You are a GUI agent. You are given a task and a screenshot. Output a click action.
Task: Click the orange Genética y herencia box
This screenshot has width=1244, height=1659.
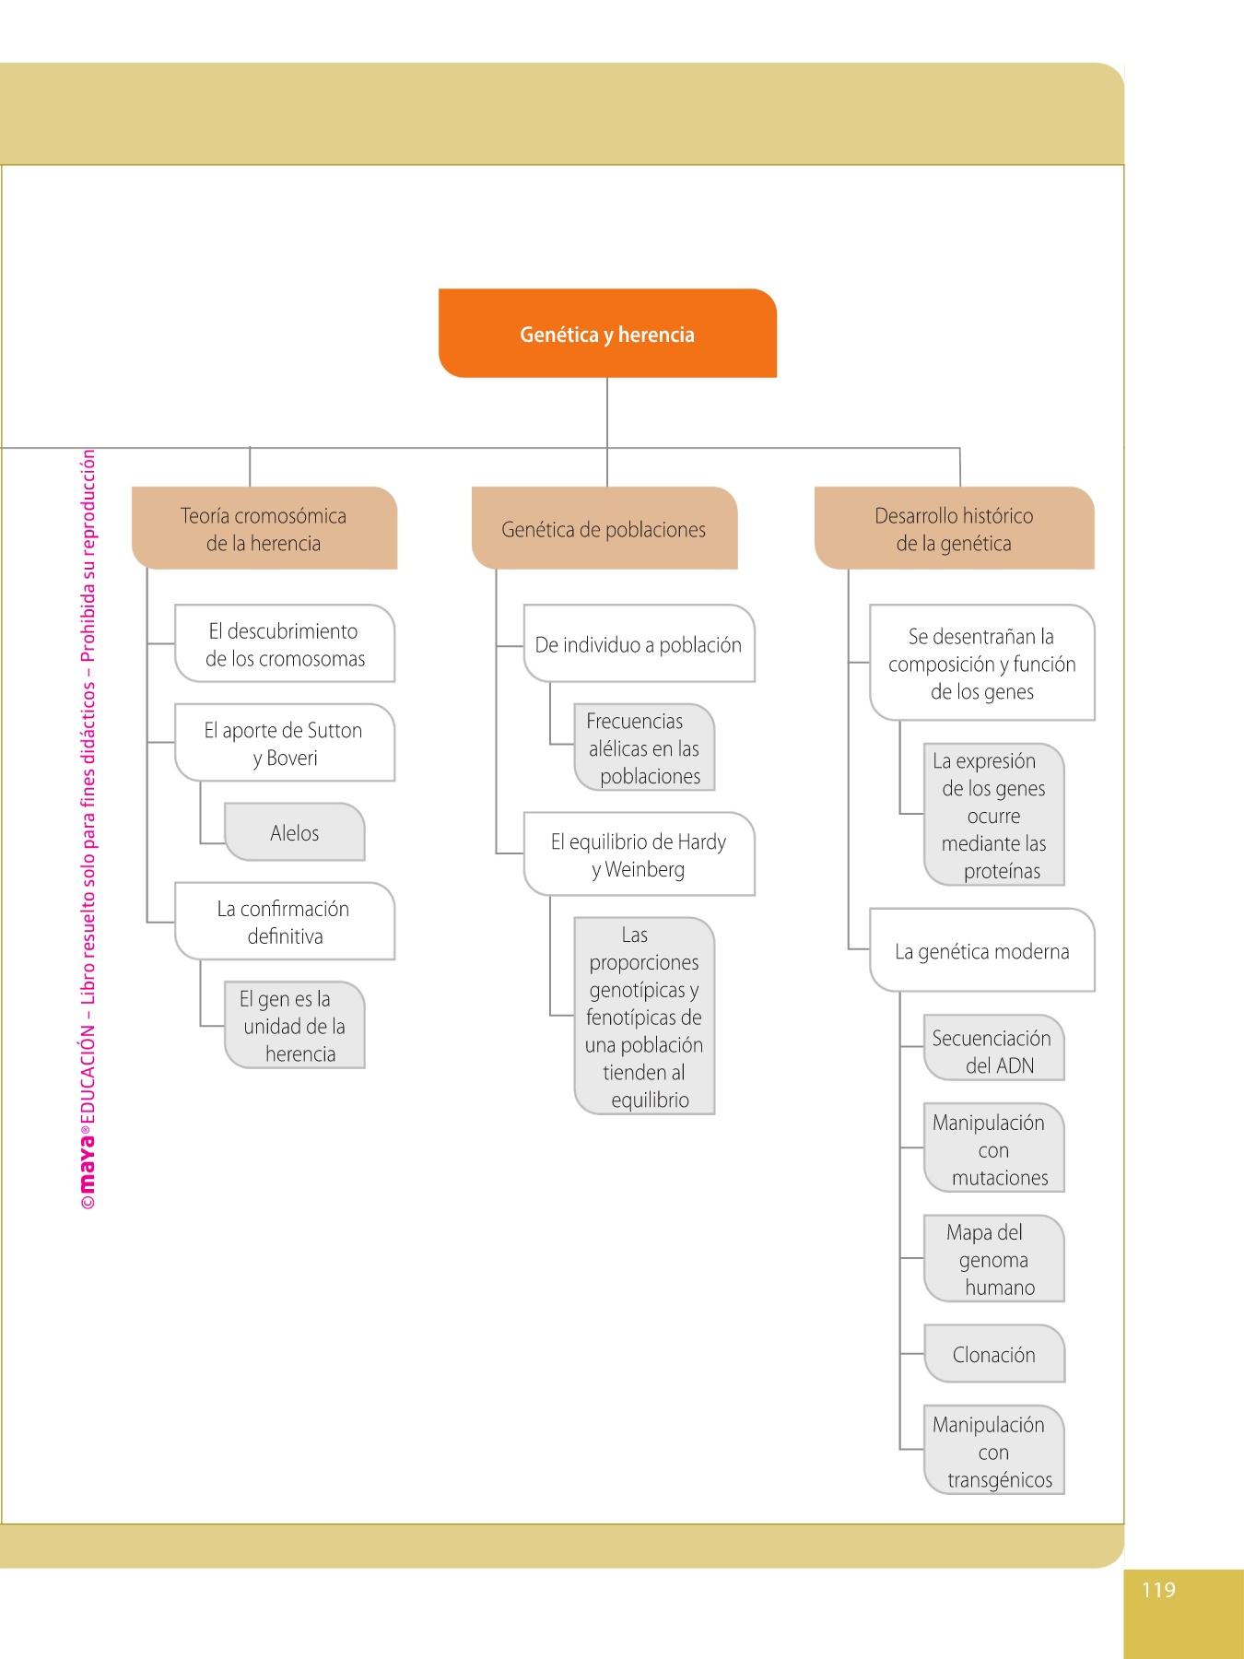click(x=607, y=334)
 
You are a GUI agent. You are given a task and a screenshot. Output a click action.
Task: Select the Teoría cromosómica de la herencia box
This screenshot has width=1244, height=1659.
click(x=264, y=528)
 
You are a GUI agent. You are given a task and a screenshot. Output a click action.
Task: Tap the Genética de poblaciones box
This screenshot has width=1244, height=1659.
click(x=604, y=529)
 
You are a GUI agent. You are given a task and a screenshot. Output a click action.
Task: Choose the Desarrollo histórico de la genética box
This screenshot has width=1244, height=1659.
click(x=954, y=528)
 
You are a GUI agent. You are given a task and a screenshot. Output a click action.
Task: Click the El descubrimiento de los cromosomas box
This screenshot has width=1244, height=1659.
click(x=285, y=644)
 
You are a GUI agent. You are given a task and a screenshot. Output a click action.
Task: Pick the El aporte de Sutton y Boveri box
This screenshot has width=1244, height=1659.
click(x=285, y=743)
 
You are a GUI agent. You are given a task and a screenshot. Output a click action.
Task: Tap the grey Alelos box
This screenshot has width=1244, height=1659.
click(x=295, y=832)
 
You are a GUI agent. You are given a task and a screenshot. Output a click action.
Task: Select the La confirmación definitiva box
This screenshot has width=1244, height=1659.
click(x=285, y=922)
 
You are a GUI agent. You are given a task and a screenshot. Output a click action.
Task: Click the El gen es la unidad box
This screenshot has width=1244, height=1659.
click(x=295, y=1025)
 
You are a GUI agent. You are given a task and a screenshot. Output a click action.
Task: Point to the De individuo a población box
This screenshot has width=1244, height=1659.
click(x=639, y=644)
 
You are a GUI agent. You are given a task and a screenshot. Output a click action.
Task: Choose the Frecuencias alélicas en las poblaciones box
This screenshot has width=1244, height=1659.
click(x=644, y=747)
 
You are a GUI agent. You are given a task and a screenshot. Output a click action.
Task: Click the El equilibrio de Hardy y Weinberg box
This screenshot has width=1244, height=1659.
click(x=639, y=854)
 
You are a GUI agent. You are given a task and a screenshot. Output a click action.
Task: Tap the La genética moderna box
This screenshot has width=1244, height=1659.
click(x=982, y=951)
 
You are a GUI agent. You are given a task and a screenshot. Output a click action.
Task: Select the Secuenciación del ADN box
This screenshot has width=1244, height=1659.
click(x=993, y=1051)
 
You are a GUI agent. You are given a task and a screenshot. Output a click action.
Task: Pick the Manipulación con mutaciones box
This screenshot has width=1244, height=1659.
click(x=993, y=1149)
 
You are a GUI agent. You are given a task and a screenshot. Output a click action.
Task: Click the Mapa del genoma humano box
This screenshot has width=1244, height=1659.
click(x=993, y=1259)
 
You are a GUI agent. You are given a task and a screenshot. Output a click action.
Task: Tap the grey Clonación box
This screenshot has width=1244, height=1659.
click(x=993, y=1354)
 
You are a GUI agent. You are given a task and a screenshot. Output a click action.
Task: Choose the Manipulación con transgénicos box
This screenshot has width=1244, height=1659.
click(x=993, y=1451)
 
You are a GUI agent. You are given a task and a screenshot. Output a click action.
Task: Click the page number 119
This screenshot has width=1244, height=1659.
click(x=1158, y=1589)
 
